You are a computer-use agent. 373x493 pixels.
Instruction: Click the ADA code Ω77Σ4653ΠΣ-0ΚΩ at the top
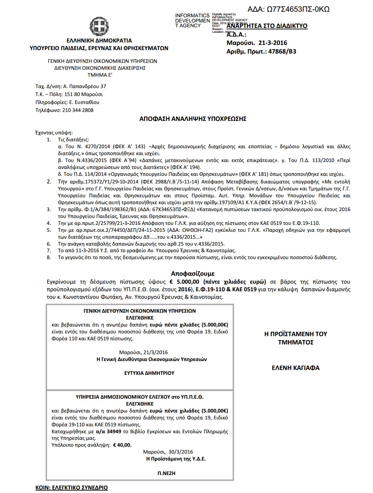click(288, 9)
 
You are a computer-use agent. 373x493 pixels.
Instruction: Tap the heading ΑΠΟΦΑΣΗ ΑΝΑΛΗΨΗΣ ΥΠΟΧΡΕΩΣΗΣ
click(193, 119)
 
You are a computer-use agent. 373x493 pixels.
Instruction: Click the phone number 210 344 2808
click(78, 110)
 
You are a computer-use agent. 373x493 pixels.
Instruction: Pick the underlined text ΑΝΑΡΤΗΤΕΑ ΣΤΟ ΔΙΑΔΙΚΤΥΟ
click(267, 26)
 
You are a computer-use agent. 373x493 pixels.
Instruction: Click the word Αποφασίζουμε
click(193, 273)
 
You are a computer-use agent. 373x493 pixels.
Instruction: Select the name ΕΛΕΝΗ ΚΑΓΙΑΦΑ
click(296, 368)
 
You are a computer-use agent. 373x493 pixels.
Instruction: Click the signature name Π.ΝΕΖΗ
click(166, 473)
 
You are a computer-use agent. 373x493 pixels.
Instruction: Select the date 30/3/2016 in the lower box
click(181, 452)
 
